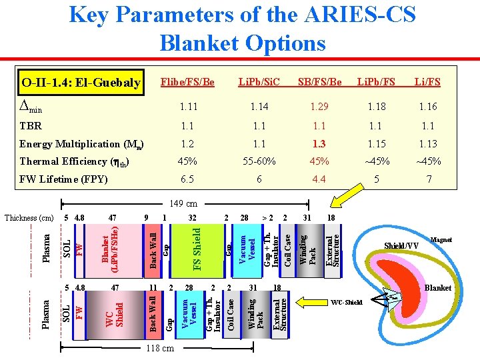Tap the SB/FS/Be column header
pos(319,82)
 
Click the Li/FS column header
pos(427,82)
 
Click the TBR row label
pos(30,125)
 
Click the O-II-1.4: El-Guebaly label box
pos(81,83)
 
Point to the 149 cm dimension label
pos(183,203)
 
